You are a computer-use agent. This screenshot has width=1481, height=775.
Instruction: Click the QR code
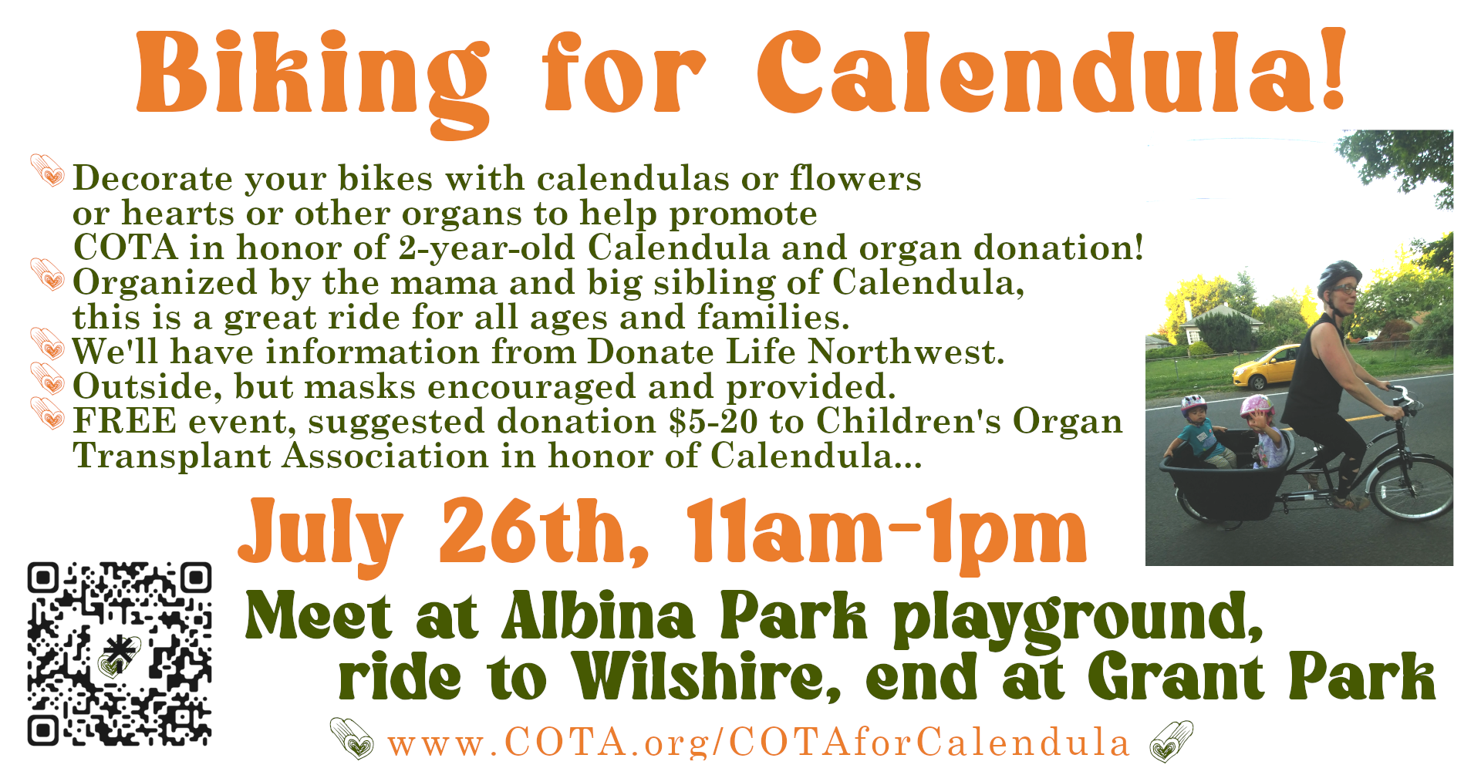pos(120,654)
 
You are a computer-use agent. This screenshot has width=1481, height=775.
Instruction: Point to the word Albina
pos(599,616)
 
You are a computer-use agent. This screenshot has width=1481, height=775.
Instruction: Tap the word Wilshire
pos(707,676)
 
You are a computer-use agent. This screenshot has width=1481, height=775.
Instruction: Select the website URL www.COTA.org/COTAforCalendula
pos(759,742)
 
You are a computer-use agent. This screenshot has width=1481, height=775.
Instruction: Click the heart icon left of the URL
pos(352,737)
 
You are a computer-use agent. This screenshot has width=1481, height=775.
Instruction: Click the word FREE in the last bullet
pos(125,421)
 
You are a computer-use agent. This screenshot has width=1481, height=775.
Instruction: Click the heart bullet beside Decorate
pos(48,170)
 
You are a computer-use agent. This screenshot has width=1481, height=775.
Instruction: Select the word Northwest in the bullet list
pos(906,352)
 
